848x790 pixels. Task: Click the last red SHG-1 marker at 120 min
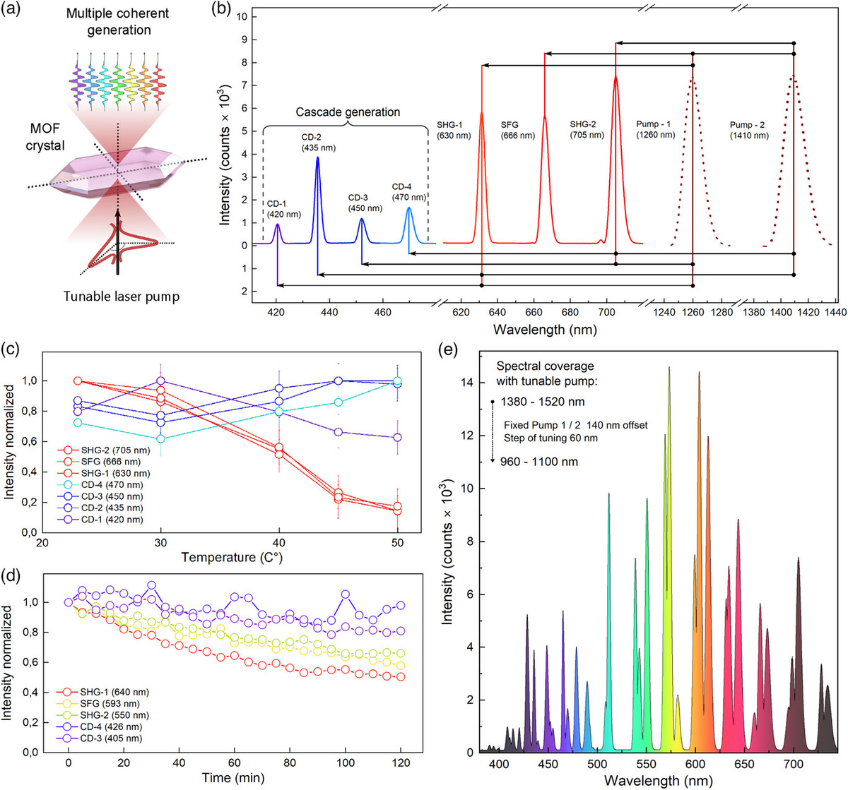pyautogui.click(x=401, y=676)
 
